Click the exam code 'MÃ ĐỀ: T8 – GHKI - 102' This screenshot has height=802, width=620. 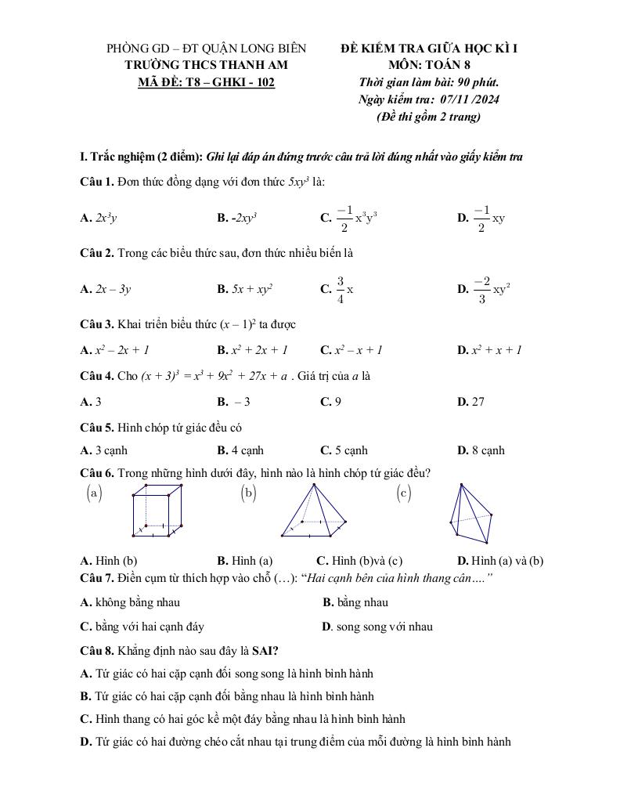click(x=206, y=82)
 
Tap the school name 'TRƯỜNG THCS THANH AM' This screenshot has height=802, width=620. click(x=206, y=65)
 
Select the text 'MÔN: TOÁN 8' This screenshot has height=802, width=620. click(x=428, y=65)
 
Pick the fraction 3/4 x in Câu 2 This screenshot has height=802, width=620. click(x=345, y=289)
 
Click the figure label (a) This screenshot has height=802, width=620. click(x=94, y=493)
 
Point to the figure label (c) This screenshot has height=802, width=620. click(x=404, y=493)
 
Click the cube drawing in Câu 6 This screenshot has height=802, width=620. click(x=158, y=511)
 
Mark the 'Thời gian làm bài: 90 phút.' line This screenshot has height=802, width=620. click(x=428, y=82)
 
